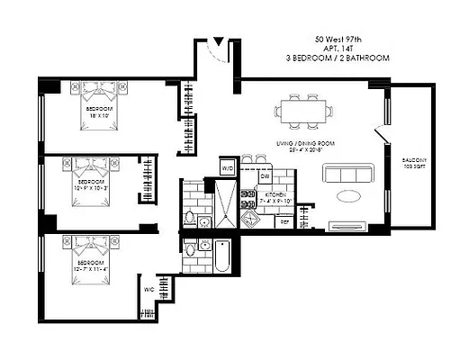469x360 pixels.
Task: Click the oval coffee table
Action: [352, 195]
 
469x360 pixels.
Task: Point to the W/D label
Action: [228, 168]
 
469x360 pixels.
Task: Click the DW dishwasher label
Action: [267, 177]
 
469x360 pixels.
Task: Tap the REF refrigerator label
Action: [285, 220]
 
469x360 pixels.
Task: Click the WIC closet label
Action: [148, 290]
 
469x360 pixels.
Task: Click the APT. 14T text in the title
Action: [338, 48]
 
